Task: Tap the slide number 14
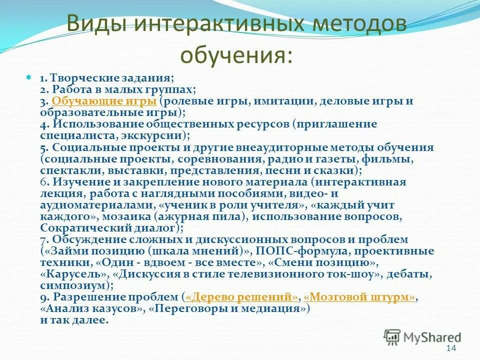point(451,348)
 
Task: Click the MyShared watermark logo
point(422,336)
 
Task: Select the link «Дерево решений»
point(241,297)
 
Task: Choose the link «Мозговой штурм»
point(359,297)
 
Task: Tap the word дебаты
point(411,274)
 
